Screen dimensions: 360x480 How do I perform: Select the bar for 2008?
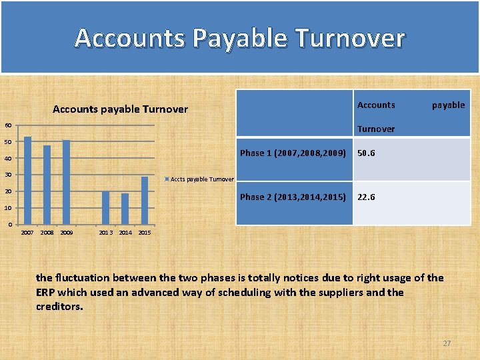click(47, 185)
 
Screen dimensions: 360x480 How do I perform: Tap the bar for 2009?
click(66, 182)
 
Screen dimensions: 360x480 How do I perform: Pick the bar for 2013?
click(105, 207)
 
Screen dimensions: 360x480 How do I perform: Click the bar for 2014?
click(125, 209)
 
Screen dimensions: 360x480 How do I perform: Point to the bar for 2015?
click(145, 200)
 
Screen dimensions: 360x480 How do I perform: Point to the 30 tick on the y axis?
click(7, 175)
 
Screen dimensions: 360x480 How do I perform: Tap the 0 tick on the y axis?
click(9, 225)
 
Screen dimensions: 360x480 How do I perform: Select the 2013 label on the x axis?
click(105, 233)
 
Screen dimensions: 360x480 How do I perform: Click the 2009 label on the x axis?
click(66, 233)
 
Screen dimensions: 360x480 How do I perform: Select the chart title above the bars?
click(120, 109)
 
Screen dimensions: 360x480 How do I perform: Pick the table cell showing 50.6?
click(366, 153)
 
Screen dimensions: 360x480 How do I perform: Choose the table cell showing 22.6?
click(366, 197)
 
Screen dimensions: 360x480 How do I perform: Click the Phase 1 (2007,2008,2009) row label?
click(293, 153)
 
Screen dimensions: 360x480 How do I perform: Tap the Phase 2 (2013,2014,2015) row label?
click(293, 197)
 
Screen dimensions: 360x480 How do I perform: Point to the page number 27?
click(447, 343)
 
